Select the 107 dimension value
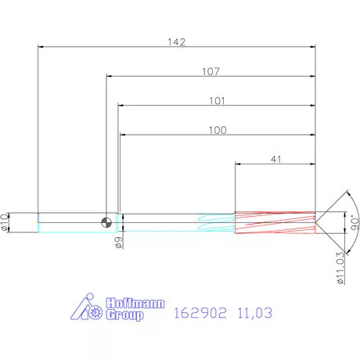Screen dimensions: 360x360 tap(210, 70)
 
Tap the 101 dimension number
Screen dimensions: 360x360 tap(217, 100)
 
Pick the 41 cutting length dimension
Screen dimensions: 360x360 tap(275, 159)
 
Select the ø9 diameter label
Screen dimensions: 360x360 tap(118, 243)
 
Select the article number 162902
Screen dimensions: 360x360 tap(200, 313)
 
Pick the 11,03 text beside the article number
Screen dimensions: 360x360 tap(257, 313)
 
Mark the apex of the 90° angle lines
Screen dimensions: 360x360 tap(317, 222)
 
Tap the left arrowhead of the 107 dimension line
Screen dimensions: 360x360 tap(109, 77)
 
